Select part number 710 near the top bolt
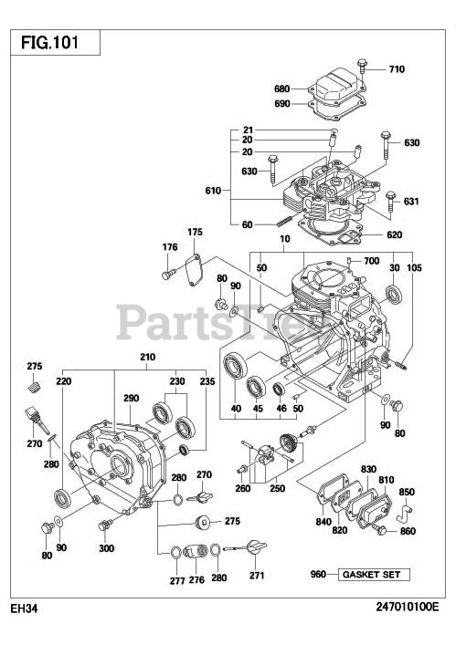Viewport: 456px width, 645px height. click(397, 69)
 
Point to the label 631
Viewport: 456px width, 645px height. click(411, 202)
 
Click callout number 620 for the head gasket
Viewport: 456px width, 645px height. click(394, 234)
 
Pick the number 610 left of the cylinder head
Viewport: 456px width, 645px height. click(213, 190)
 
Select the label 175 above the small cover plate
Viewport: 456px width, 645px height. click(196, 233)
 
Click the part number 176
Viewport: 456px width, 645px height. click(169, 247)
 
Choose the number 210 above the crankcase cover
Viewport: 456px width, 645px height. click(147, 357)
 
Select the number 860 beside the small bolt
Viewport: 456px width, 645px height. click(407, 531)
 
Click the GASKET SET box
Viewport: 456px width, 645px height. click(375, 575)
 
